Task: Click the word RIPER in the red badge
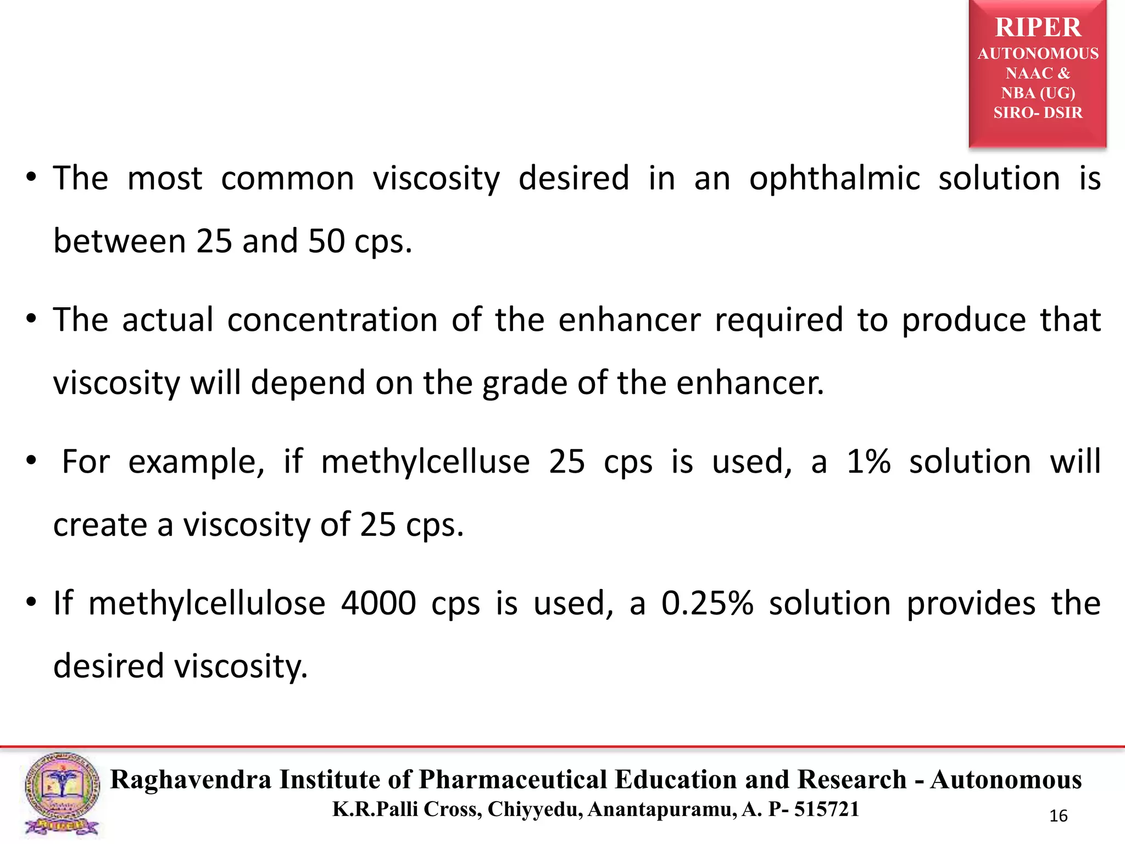coord(1038,27)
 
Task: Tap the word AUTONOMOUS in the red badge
coord(1038,53)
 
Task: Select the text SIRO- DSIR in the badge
coord(1038,113)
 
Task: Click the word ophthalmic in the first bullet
coord(834,179)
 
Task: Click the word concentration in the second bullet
coord(332,320)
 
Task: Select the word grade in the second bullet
coord(525,383)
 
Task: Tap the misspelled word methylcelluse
coord(425,462)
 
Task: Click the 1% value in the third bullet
coord(868,462)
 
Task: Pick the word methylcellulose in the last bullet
coord(207,603)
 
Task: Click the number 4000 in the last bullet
coord(378,603)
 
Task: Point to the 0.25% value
coord(707,603)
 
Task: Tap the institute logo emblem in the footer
coord(62,793)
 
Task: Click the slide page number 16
coord(1058,816)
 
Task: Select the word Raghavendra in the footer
coord(191,780)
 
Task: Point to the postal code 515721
coord(827,809)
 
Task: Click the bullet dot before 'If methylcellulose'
coord(32,602)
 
